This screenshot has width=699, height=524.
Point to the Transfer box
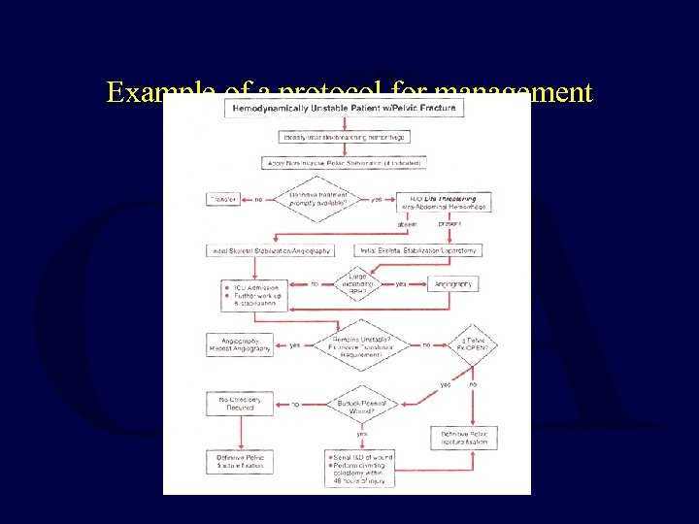[224, 200]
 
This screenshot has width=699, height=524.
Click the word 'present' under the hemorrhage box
[449, 223]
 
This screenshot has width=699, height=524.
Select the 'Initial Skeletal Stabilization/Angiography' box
[271, 250]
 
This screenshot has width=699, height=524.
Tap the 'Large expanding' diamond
[357, 284]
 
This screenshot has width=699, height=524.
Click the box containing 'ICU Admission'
[254, 295]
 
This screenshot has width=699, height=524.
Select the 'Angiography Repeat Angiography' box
[240, 344]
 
